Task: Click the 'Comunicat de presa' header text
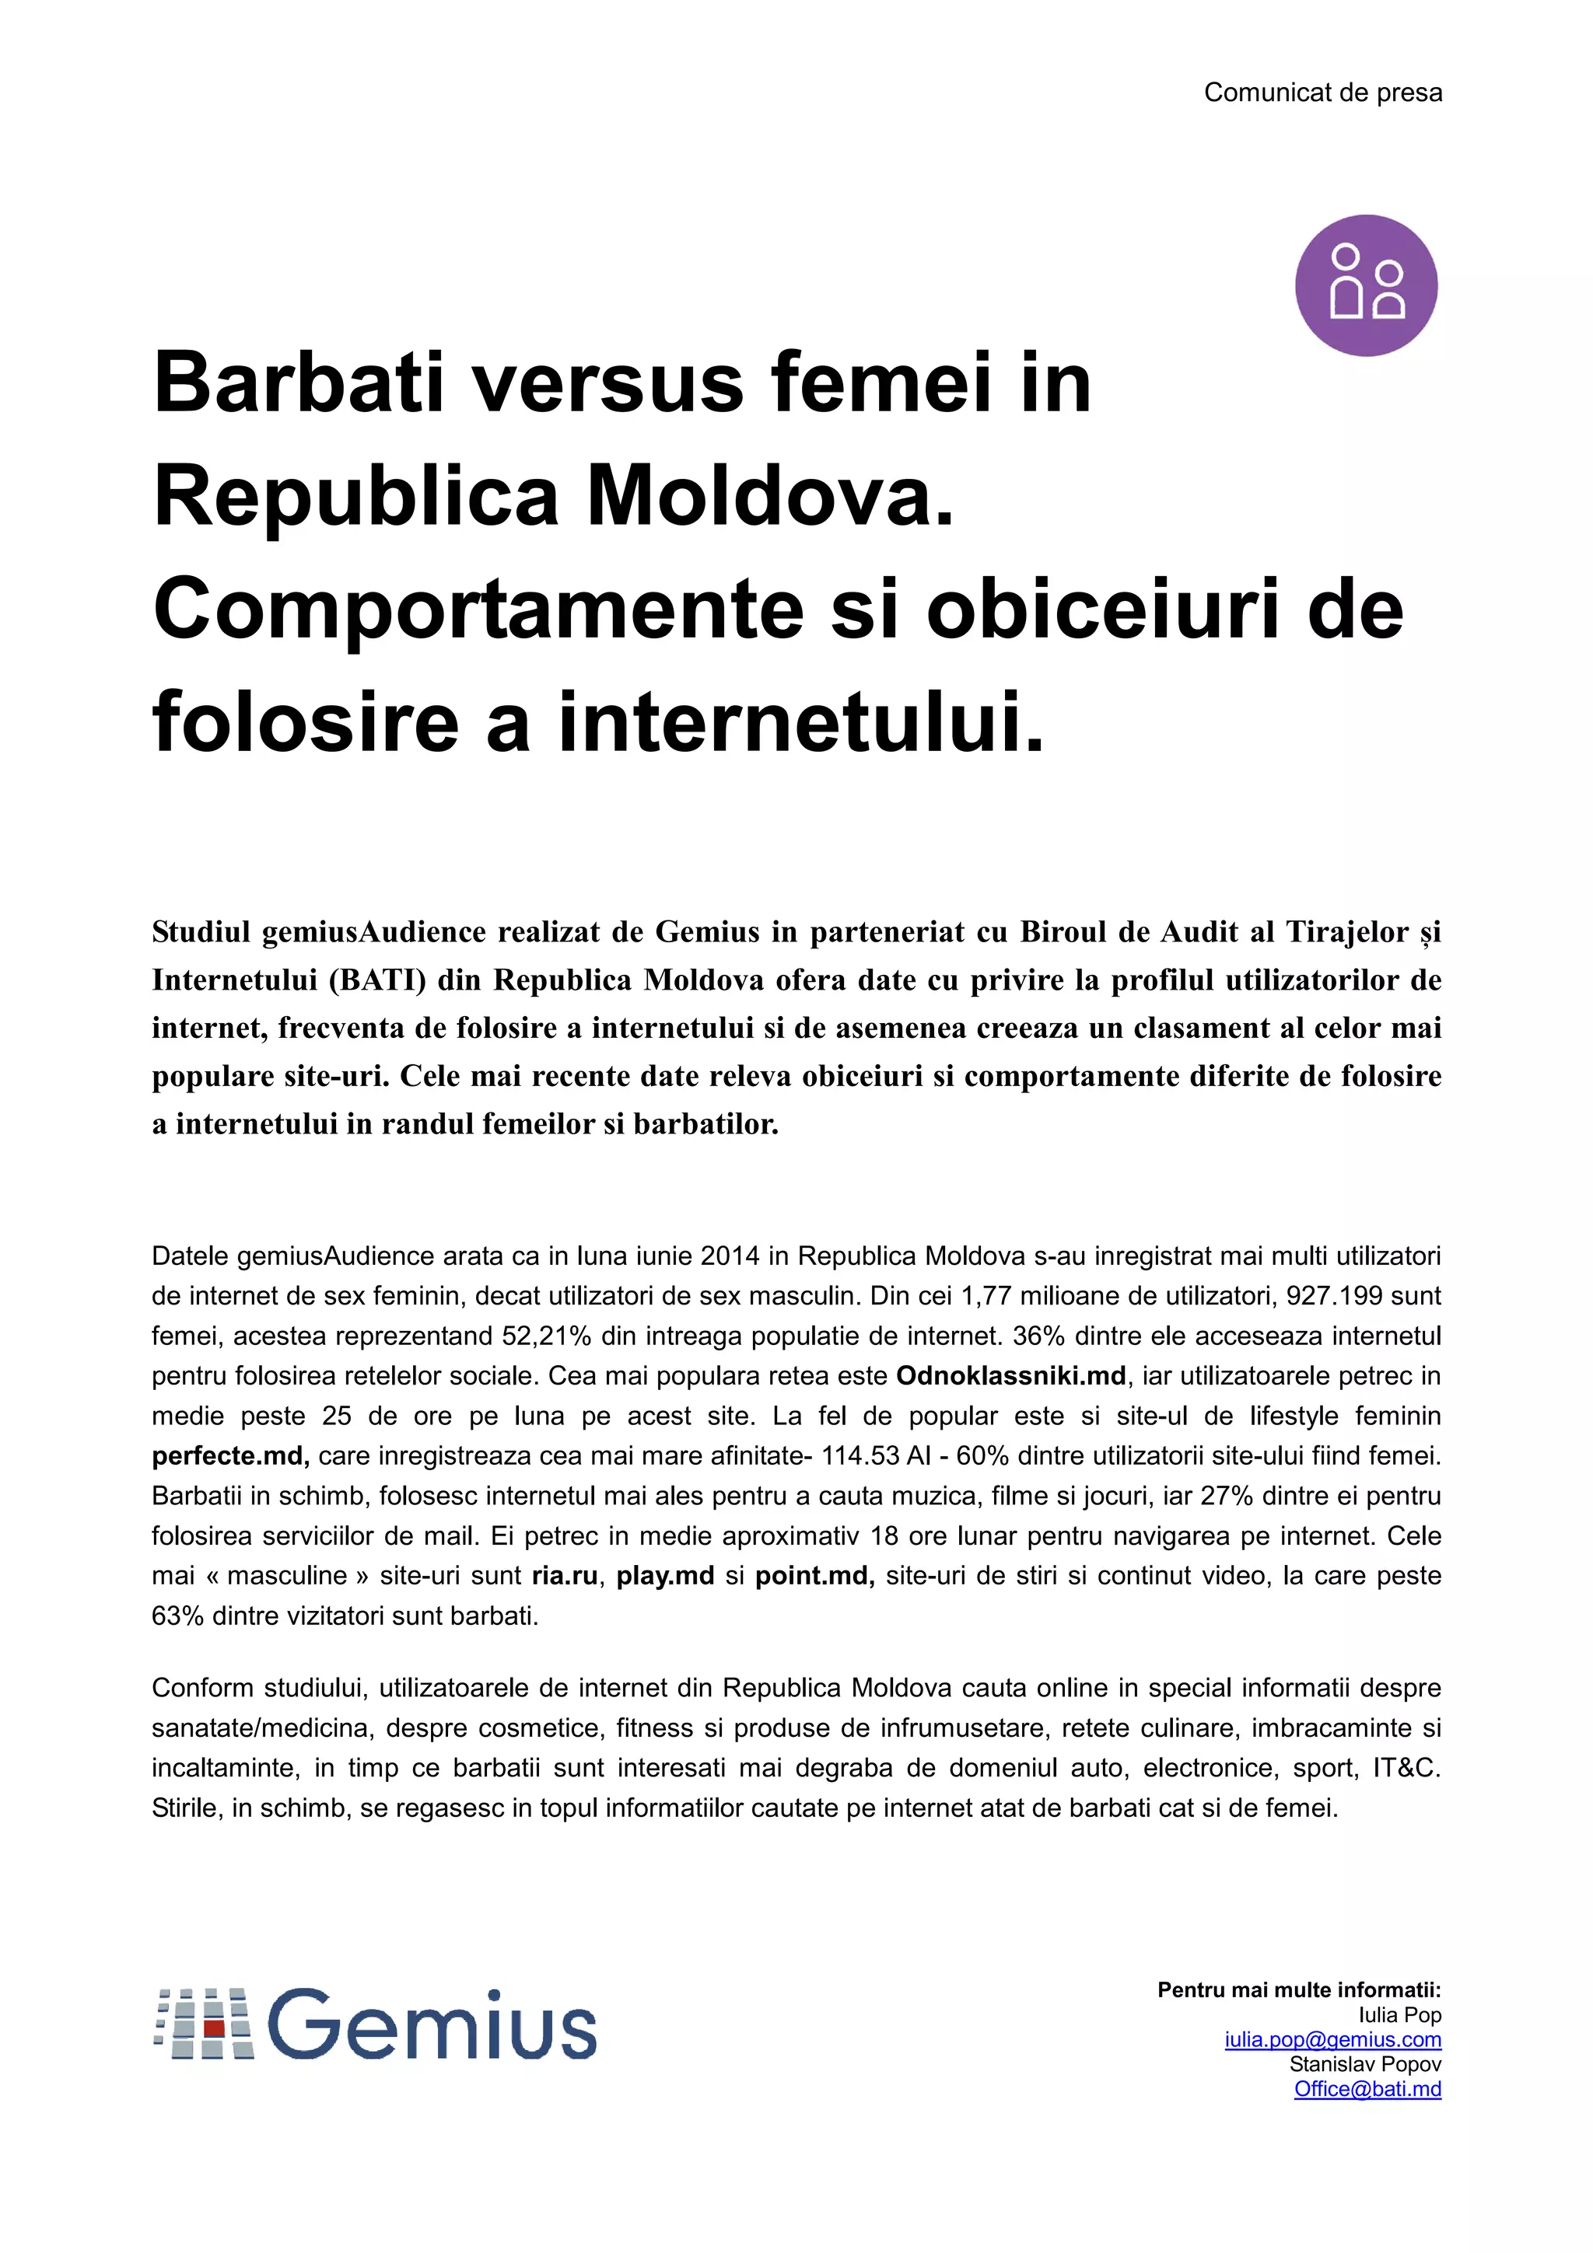click(1322, 93)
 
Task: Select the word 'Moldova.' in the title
click(771, 495)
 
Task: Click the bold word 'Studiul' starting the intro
click(200, 932)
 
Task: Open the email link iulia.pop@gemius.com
click(1332, 2040)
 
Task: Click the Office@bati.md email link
click(1367, 2089)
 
